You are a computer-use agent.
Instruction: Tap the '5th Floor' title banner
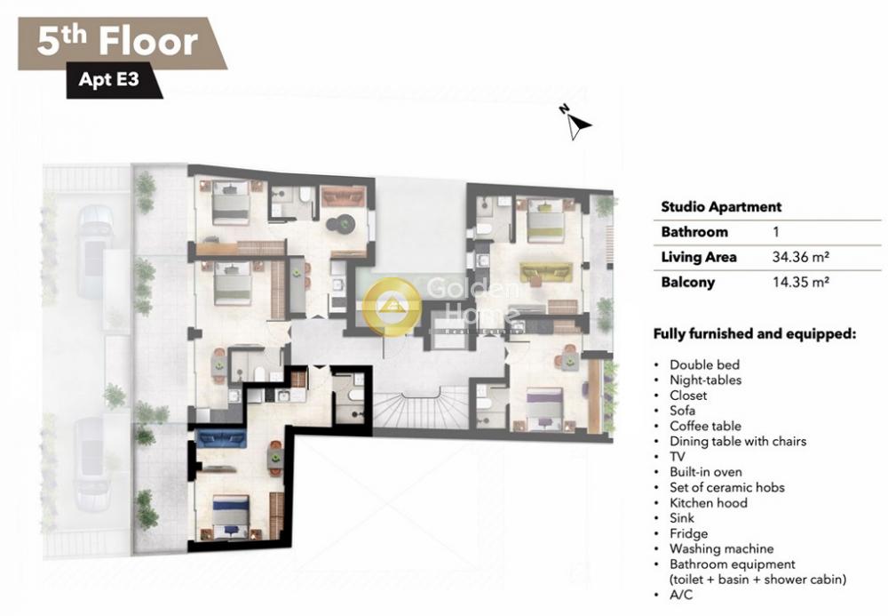click(123, 43)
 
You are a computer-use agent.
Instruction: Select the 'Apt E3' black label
click(115, 79)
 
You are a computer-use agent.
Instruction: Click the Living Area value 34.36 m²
click(801, 257)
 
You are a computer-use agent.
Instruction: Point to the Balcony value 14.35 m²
click(801, 282)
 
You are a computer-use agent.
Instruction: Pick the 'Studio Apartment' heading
click(721, 207)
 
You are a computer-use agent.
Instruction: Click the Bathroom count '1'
click(776, 232)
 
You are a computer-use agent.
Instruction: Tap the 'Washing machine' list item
click(721, 548)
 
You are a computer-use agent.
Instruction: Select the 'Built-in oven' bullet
click(705, 471)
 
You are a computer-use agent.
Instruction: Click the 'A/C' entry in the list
click(681, 595)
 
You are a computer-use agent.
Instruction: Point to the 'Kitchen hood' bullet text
click(708, 502)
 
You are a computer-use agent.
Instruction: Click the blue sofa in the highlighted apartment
click(220, 438)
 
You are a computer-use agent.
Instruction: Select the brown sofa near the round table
click(342, 196)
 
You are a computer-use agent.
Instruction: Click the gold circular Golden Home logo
click(392, 307)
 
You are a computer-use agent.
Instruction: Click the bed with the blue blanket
click(231, 516)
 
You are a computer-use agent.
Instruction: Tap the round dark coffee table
click(342, 224)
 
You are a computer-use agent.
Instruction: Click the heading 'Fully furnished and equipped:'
click(754, 334)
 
